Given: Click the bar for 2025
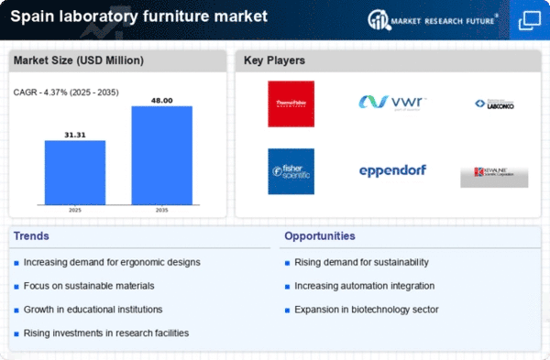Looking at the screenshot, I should (x=75, y=172).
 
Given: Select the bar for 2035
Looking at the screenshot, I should (x=161, y=155).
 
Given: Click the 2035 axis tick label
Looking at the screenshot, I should (x=161, y=210).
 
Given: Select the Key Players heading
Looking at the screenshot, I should (x=274, y=61).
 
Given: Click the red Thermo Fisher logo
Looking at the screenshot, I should (x=291, y=104).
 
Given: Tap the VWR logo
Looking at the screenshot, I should (x=392, y=102).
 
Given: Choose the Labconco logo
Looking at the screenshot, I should (x=494, y=104).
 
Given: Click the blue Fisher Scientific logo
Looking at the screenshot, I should (x=291, y=171).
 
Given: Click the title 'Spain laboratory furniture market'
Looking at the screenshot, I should (x=139, y=17).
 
